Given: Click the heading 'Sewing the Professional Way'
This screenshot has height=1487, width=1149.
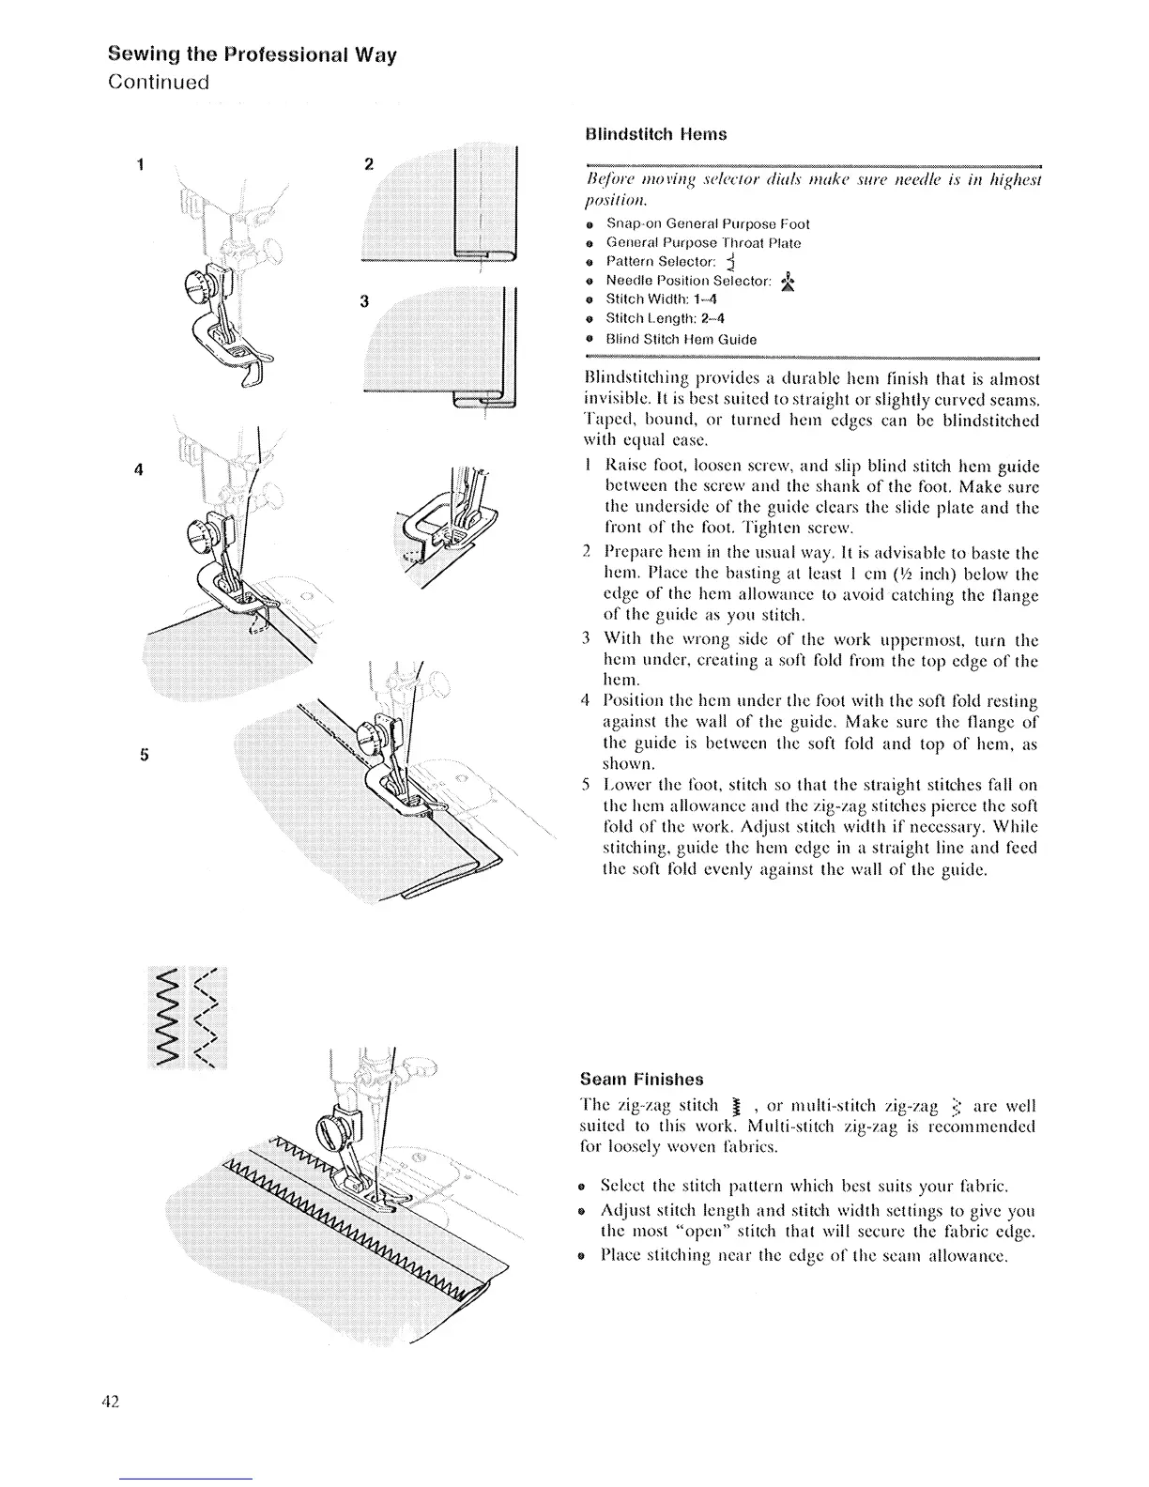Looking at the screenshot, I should click(x=253, y=54).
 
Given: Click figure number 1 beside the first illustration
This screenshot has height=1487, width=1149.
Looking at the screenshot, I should click(x=138, y=164).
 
